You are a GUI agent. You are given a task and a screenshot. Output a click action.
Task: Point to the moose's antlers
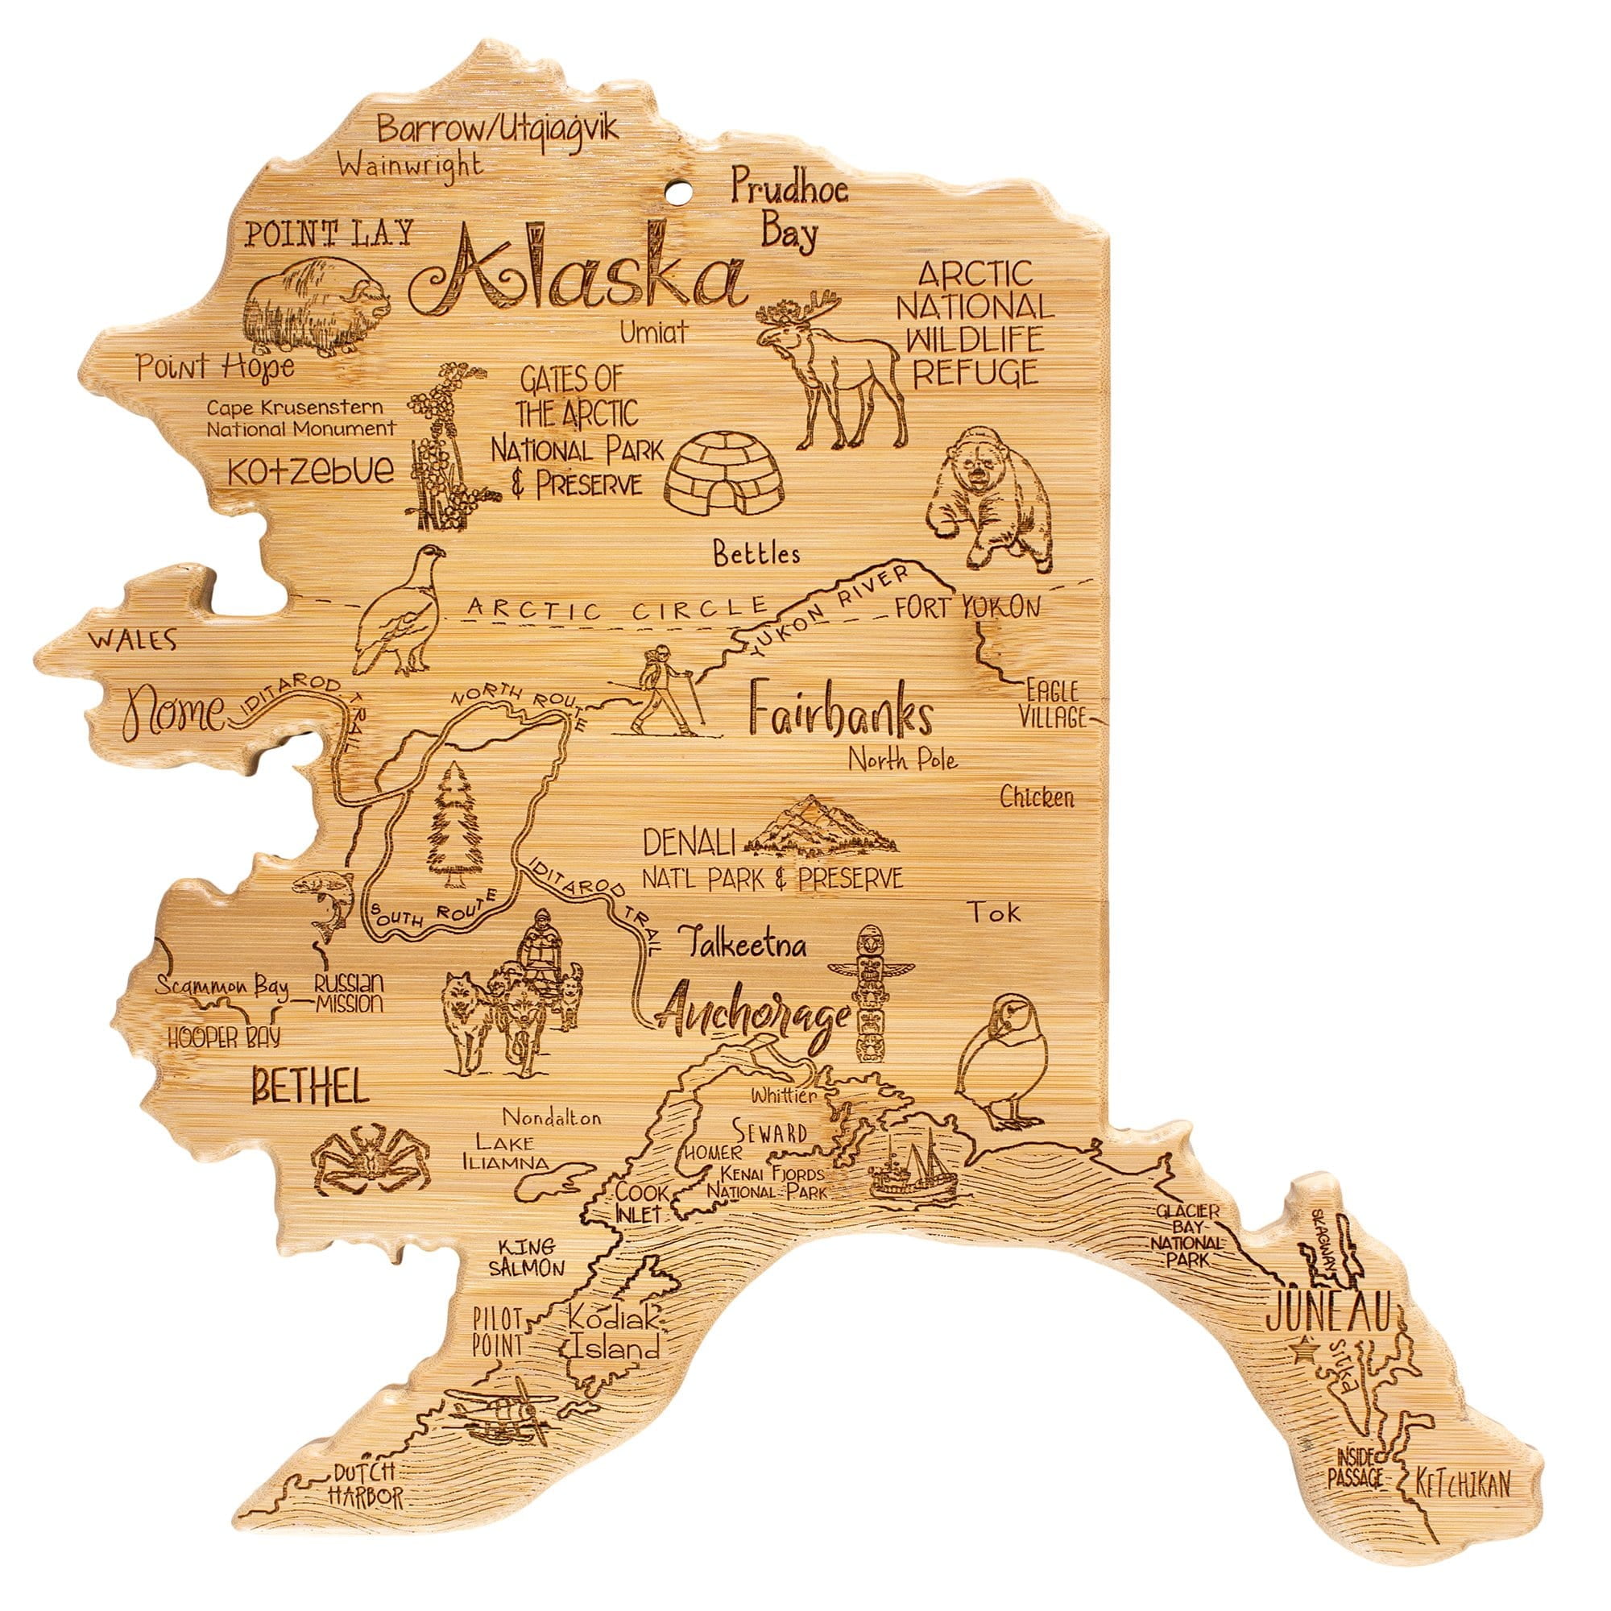coord(797,308)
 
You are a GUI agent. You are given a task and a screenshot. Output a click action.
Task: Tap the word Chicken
coord(1037,797)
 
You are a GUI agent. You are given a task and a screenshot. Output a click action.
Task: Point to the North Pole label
coord(902,759)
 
